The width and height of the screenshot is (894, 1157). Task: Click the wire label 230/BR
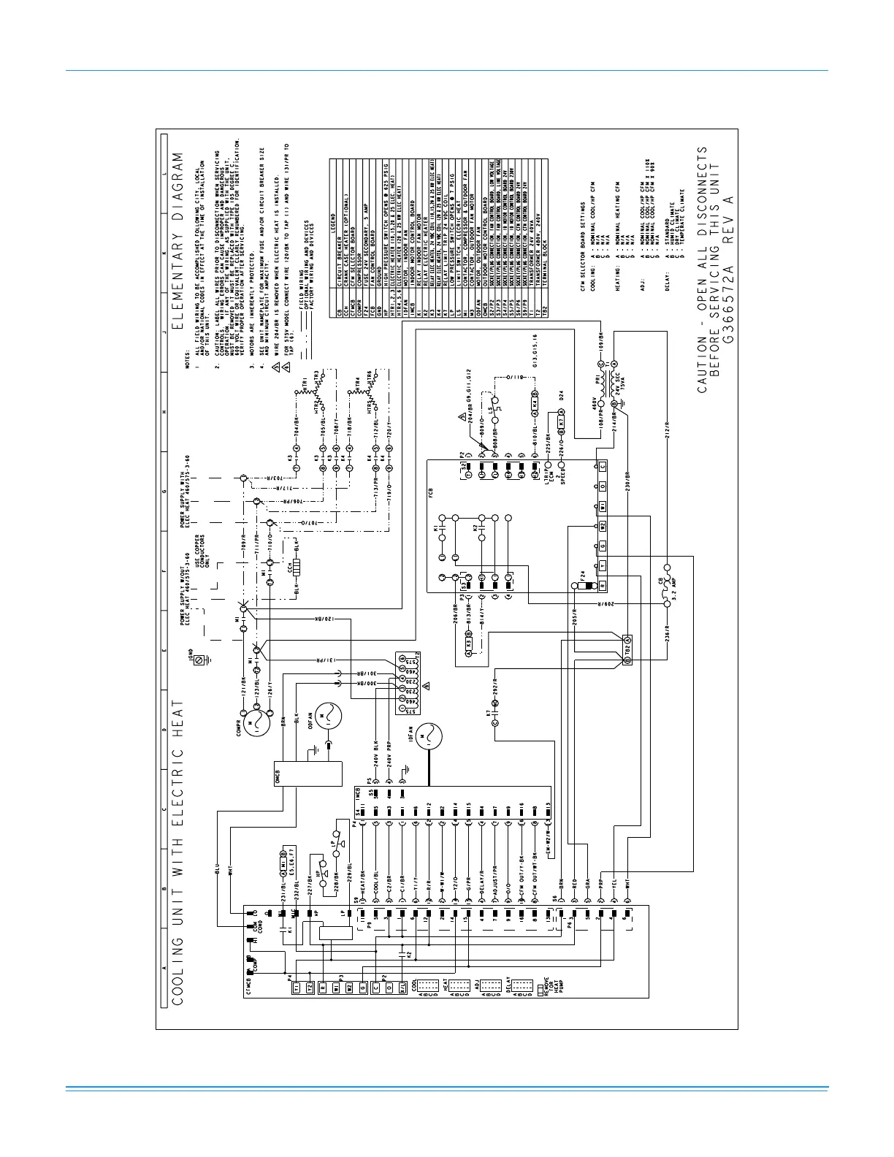pyautogui.click(x=627, y=485)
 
